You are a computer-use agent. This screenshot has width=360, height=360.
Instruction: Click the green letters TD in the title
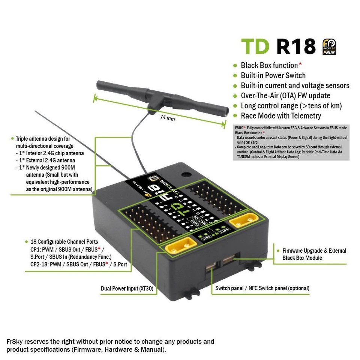[255, 46]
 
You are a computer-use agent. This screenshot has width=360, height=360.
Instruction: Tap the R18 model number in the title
[296, 46]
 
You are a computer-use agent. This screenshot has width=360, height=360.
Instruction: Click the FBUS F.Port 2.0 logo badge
[330, 47]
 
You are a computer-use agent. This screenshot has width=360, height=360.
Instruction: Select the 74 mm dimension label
[168, 117]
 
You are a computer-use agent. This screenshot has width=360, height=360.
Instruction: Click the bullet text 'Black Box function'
[269, 65]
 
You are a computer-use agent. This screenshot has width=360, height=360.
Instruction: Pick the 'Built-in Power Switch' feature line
[273, 75]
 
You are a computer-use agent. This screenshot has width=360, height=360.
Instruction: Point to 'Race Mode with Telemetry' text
[281, 116]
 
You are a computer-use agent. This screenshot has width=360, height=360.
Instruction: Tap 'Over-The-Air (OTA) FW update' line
[285, 96]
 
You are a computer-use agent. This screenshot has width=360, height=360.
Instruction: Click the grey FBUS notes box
[291, 142]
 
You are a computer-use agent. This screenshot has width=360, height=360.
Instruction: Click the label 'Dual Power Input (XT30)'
[129, 289]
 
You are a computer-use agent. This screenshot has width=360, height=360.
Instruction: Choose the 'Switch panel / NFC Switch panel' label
[262, 288]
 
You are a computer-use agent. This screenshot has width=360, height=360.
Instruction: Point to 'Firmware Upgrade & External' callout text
[314, 250]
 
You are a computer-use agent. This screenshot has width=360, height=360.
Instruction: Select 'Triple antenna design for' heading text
[43, 139]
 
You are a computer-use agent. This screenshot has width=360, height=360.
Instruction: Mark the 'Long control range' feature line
[291, 106]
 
